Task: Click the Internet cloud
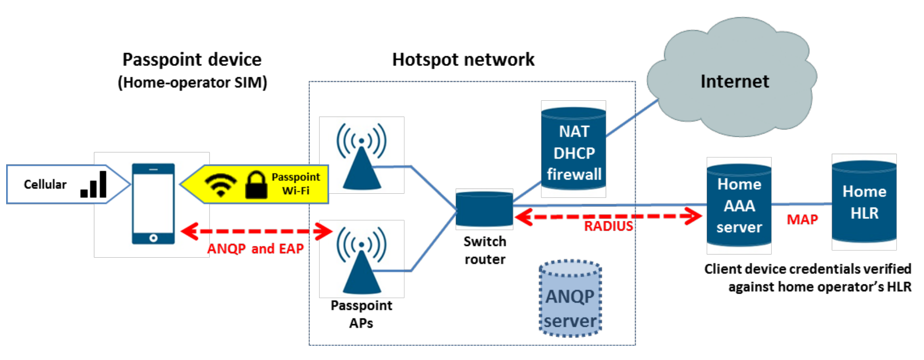734,82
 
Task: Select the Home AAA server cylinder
739,206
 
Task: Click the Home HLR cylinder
864,202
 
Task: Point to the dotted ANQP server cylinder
570,299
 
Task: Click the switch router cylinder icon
484,209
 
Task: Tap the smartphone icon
153,204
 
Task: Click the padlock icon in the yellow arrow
256,185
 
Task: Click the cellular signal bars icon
94,185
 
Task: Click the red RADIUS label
608,226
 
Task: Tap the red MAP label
802,220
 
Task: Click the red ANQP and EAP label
255,249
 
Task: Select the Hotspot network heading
463,60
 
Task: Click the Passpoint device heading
192,60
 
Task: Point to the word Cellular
45,185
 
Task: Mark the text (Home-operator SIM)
192,82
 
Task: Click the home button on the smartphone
153,238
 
